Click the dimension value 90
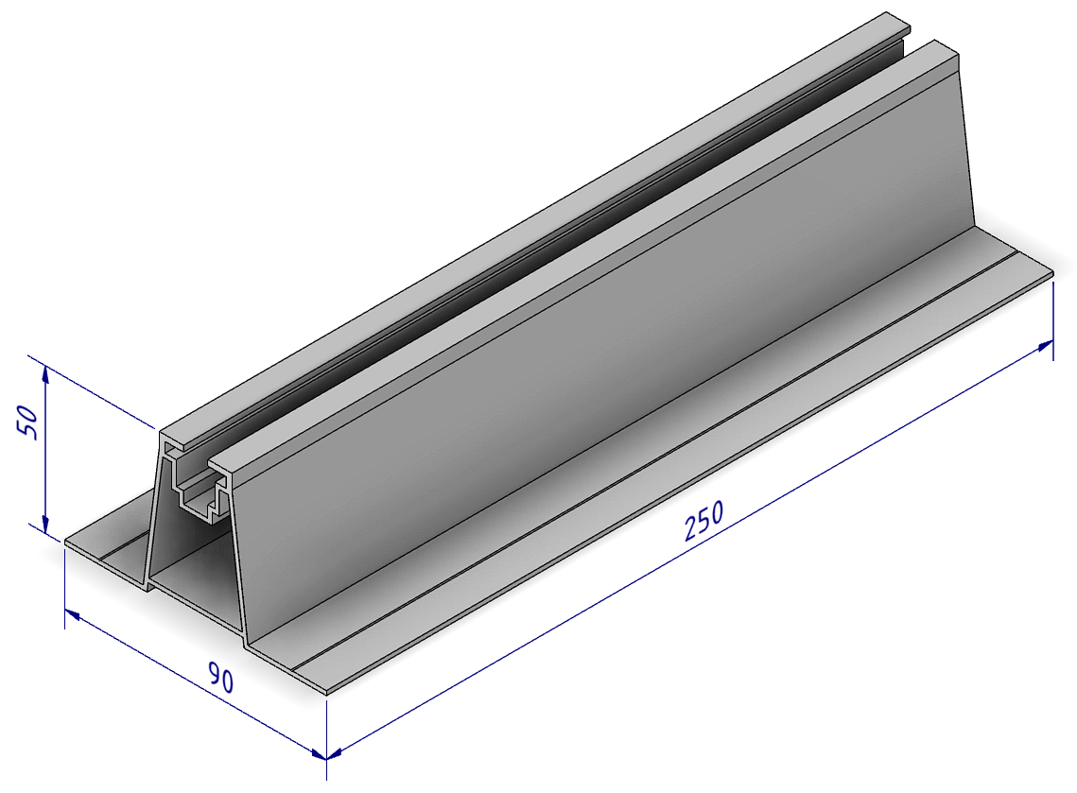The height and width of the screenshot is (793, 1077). [221, 679]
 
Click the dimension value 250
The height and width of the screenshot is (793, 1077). [704, 522]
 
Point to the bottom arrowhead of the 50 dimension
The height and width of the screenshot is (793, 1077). [45, 525]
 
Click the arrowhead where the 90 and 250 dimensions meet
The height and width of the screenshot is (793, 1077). [321, 754]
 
